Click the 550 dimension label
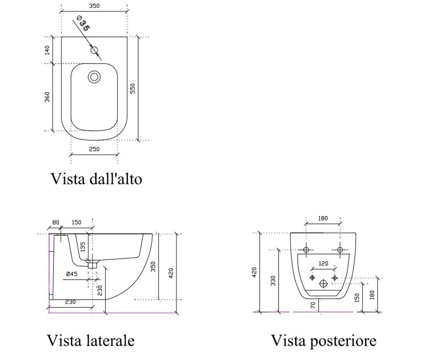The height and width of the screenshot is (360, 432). [x=132, y=88]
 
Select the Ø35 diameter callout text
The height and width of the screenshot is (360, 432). [x=83, y=23]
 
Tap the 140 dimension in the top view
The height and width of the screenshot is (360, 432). [x=47, y=50]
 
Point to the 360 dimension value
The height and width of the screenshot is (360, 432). [x=47, y=97]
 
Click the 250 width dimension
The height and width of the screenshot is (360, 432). [x=94, y=149]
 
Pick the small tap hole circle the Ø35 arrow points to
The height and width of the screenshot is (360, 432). [x=94, y=50]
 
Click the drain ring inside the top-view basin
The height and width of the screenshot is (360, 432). [x=94, y=77]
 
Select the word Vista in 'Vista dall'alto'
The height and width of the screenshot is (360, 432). [x=68, y=179]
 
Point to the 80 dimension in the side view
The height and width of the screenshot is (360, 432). [x=56, y=222]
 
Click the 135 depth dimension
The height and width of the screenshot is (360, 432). [x=82, y=247]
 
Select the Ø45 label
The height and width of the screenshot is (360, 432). [x=72, y=274]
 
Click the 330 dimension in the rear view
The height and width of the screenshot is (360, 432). [x=273, y=281]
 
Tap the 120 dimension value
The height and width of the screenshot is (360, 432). [x=323, y=264]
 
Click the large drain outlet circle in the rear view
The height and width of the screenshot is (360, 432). [x=323, y=283]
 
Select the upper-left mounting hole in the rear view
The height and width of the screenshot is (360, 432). [x=306, y=250]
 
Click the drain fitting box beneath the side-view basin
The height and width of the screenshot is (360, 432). [x=93, y=265]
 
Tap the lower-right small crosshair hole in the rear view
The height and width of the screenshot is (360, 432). [x=334, y=278]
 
